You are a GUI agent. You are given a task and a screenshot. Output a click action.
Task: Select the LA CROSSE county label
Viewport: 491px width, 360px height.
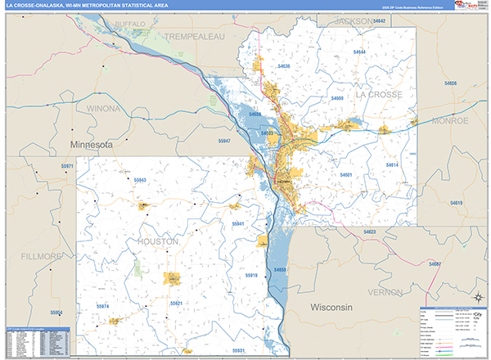click(380, 96)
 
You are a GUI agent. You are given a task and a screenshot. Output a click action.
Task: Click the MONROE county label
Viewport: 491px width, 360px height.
click(444, 120)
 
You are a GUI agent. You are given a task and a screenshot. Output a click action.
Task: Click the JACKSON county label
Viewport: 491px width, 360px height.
click(340, 20)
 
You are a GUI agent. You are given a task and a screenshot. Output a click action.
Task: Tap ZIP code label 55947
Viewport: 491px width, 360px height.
click(224, 142)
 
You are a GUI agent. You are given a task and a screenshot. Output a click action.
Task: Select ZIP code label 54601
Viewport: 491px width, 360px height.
click(346, 175)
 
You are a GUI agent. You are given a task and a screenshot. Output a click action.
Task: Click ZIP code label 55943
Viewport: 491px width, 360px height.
click(140, 180)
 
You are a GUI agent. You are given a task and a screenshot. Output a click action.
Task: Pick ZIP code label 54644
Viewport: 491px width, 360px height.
click(359, 52)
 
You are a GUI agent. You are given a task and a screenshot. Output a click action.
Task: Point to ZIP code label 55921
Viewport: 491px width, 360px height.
click(175, 303)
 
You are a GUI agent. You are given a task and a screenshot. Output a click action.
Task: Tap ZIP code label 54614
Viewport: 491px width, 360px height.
click(392, 165)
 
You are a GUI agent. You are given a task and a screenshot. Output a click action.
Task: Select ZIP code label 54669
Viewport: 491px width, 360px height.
click(337, 98)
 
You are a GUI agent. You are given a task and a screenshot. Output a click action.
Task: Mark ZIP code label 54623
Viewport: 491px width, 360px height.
click(370, 232)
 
